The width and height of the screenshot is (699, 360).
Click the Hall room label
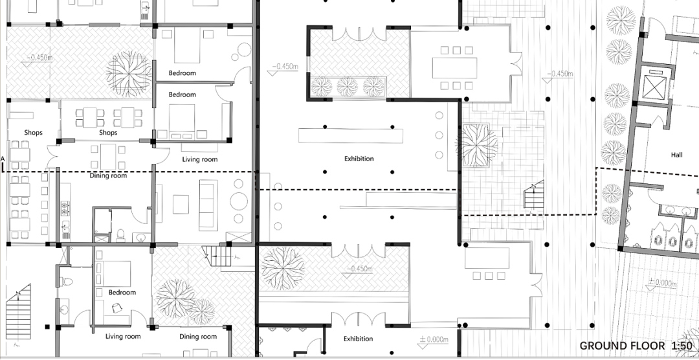click(x=676, y=155)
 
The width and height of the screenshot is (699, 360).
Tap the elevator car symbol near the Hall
click(x=654, y=87)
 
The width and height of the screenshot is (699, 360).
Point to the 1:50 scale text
click(x=682, y=346)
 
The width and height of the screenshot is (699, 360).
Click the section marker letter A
click(x=3, y=159)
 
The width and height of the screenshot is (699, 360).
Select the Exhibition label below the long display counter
click(x=359, y=159)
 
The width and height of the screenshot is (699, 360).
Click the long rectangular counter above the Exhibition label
click(x=350, y=135)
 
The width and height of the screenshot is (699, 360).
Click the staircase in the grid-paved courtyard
click(x=533, y=194)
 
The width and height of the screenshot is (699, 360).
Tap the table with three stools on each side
click(x=454, y=68)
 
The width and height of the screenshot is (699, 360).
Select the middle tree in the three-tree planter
click(x=347, y=87)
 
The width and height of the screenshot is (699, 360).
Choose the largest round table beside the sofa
click(x=239, y=201)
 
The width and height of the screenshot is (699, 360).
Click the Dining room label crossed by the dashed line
click(x=108, y=175)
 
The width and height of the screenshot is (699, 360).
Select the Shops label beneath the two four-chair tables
click(x=108, y=133)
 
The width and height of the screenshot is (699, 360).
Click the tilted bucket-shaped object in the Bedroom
click(x=116, y=308)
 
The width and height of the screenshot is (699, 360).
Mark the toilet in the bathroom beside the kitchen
click(x=120, y=234)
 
